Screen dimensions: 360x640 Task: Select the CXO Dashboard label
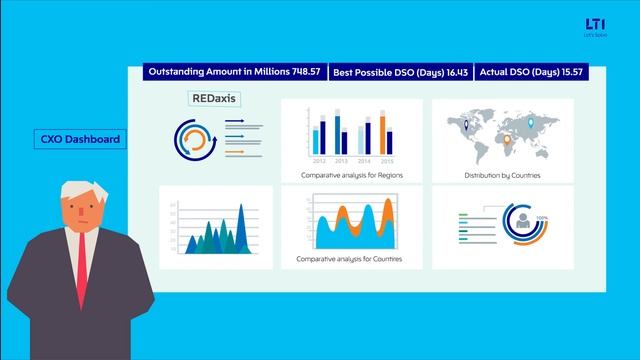point(82,139)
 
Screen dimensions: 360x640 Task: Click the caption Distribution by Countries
point(502,175)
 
